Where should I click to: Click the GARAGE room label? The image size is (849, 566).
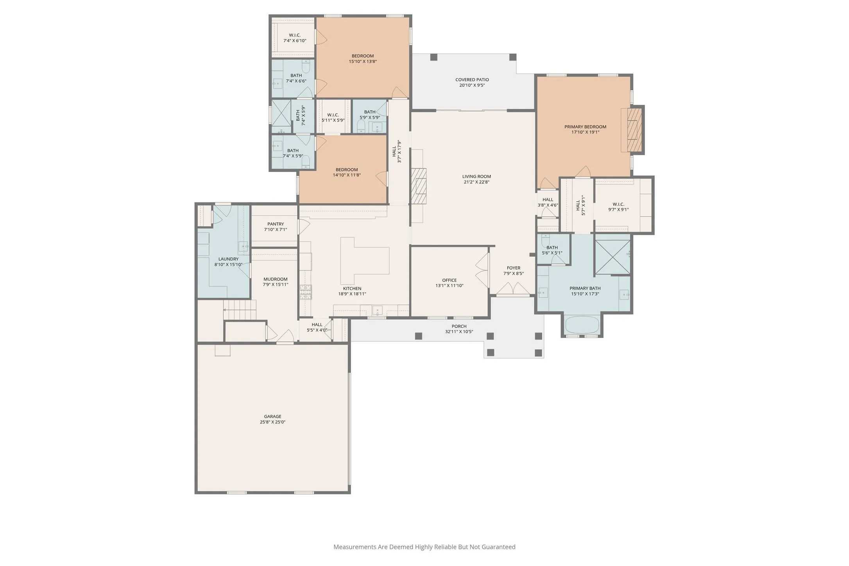click(x=272, y=417)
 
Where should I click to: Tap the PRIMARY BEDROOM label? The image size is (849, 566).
click(x=585, y=127)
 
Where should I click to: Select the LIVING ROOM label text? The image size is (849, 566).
click(x=476, y=176)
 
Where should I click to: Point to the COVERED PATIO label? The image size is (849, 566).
click(x=472, y=80)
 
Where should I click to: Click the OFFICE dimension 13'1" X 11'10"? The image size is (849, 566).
click(x=450, y=286)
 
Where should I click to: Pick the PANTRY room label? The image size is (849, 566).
click(x=276, y=224)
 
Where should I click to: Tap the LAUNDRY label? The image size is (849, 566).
click(x=228, y=259)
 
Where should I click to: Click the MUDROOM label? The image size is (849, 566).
click(x=275, y=279)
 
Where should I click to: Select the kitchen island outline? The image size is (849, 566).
click(x=365, y=261)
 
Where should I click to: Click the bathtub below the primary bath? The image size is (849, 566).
click(x=582, y=325)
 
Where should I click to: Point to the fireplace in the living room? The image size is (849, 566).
click(x=418, y=186)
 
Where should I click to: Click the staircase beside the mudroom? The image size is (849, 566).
click(x=240, y=310)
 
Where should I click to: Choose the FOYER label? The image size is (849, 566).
click(x=514, y=268)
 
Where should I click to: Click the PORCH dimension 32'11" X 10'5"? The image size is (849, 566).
click(x=459, y=332)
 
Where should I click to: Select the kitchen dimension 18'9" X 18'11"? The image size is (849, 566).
click(x=352, y=294)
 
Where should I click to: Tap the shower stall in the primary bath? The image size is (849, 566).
click(x=613, y=257)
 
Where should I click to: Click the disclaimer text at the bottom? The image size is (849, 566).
click(x=424, y=547)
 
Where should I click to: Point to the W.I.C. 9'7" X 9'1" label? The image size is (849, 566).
click(x=618, y=207)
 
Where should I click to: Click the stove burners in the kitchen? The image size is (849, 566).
click(x=306, y=292)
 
